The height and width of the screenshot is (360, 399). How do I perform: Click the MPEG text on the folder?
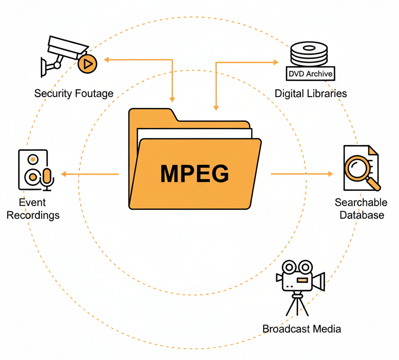pyautogui.click(x=194, y=173)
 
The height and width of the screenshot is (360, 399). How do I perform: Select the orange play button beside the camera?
pyautogui.click(x=87, y=63)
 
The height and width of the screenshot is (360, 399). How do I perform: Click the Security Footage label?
pyautogui.click(x=73, y=93)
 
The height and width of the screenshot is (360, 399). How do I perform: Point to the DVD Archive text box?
pyautogui.click(x=310, y=74)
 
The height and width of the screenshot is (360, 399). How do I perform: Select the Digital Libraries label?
pyautogui.click(x=310, y=93)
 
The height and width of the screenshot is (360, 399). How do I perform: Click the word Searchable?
pyautogui.click(x=361, y=203)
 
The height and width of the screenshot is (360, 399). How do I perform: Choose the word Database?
pyautogui.click(x=362, y=215)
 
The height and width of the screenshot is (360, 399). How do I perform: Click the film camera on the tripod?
pyautogui.click(x=300, y=277)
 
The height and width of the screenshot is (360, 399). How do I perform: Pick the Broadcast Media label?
pyautogui.click(x=301, y=329)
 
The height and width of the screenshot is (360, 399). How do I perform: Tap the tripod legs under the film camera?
pyautogui.click(x=297, y=304)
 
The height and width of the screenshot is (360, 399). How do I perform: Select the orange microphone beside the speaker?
pyautogui.click(x=46, y=176)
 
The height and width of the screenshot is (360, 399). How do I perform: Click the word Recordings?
pyautogui.click(x=33, y=216)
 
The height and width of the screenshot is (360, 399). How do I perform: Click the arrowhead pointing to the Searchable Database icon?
pyautogui.click(x=330, y=174)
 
